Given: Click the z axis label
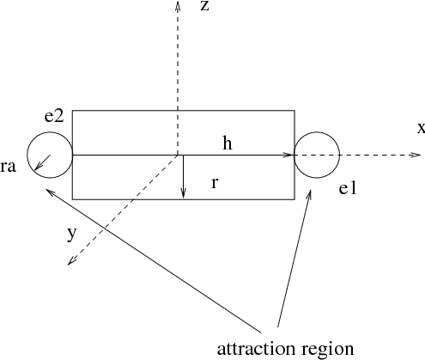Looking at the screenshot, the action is tap(204, 6).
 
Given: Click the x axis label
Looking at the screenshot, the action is tap(421, 128).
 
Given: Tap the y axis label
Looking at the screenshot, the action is tap(72, 235).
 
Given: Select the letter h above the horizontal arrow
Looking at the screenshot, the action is tap(228, 143).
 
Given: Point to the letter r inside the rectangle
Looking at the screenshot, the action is tap(215, 183).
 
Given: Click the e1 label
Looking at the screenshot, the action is tap(348, 189).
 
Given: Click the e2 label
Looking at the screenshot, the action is tap(54, 117).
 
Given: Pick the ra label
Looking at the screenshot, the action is tap(8, 167).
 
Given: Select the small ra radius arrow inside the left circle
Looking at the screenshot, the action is tap(42, 163).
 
